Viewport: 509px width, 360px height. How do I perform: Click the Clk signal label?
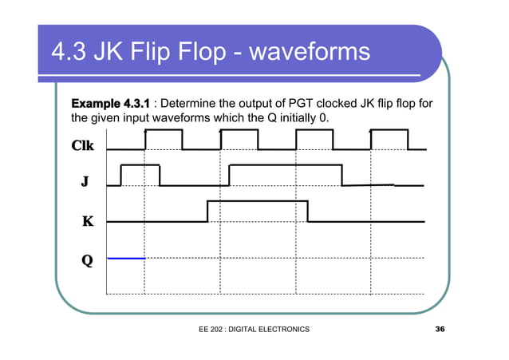[x=82, y=146]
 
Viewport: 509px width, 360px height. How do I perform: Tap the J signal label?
[x=84, y=182]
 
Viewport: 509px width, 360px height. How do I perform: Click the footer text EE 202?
[x=215, y=330]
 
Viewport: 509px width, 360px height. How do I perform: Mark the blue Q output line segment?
[x=125, y=258]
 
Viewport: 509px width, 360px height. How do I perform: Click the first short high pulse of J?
[x=140, y=165]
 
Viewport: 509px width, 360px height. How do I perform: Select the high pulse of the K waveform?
[x=257, y=201]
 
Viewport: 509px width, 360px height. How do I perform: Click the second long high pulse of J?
[x=285, y=165]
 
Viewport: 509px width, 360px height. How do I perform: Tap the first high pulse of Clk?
[x=163, y=130]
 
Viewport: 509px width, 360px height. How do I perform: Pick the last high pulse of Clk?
[x=389, y=130]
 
